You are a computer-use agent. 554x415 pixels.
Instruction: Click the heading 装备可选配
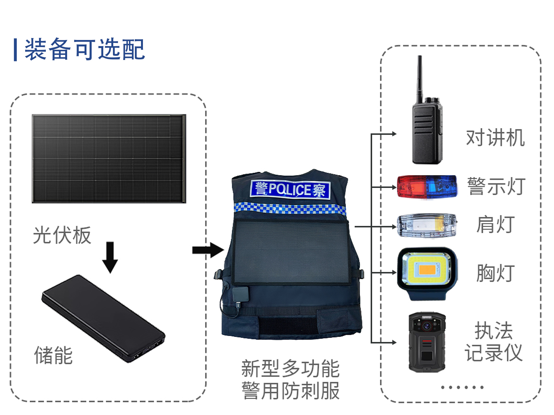(85, 49)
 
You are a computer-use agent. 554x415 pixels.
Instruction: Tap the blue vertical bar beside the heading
(15, 50)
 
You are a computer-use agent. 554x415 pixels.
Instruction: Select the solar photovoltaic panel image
(109, 159)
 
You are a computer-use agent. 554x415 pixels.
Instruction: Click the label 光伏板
(62, 235)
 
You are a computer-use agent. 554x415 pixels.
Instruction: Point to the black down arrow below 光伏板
(110, 257)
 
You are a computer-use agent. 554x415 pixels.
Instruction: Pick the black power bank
(103, 319)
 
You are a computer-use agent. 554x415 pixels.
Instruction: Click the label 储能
(54, 355)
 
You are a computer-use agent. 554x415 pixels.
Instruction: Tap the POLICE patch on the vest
(290, 189)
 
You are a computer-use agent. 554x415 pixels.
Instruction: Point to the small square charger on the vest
(241, 294)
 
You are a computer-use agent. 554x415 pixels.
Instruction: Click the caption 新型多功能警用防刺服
(290, 380)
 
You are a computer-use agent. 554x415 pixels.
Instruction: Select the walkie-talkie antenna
(419, 79)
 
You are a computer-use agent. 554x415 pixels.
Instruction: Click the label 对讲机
(495, 138)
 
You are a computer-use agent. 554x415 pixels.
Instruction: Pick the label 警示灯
(496, 186)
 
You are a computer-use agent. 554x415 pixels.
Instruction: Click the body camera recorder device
(427, 342)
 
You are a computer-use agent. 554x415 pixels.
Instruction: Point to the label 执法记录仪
(494, 341)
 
